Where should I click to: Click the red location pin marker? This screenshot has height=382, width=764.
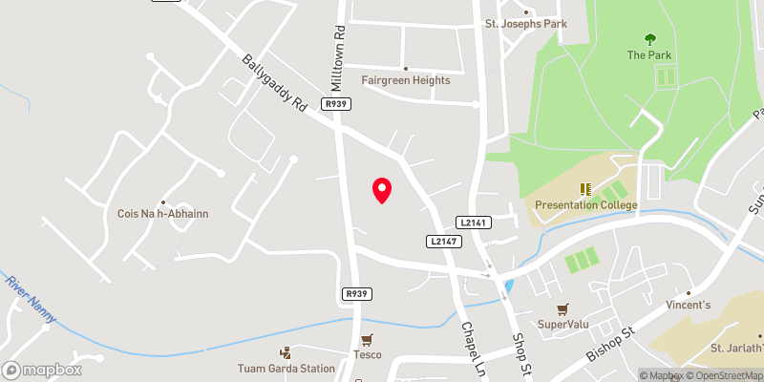(x=382, y=190)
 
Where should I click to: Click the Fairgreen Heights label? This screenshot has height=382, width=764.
(x=406, y=80)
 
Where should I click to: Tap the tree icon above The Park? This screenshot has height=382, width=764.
(x=650, y=39)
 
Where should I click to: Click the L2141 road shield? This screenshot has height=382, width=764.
(x=474, y=222)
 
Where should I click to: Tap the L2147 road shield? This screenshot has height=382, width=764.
(x=445, y=242)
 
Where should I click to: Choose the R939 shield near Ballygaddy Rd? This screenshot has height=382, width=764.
(x=335, y=104)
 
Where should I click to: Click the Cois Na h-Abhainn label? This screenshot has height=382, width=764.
(x=163, y=214)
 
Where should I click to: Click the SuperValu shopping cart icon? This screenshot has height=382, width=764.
(x=562, y=308)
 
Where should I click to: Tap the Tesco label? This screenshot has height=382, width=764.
(x=368, y=354)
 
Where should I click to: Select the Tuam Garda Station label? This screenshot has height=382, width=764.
(x=286, y=368)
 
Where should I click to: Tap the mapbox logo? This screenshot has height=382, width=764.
(x=42, y=370)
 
